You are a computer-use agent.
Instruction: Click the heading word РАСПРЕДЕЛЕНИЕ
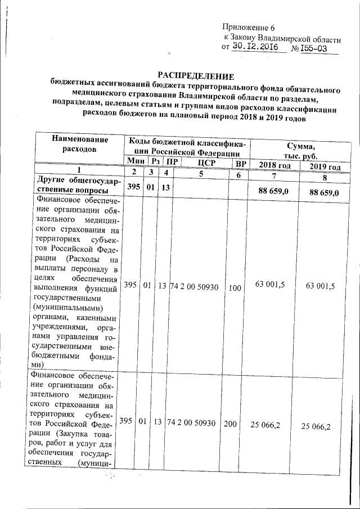[x=195, y=76]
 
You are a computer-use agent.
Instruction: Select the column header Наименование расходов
[x=79, y=143]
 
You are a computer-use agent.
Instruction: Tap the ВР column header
[x=241, y=164]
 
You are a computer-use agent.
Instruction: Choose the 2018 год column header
[x=274, y=165]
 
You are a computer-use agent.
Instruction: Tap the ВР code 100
[x=235, y=287]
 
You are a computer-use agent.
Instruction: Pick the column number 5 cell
[x=201, y=175]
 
